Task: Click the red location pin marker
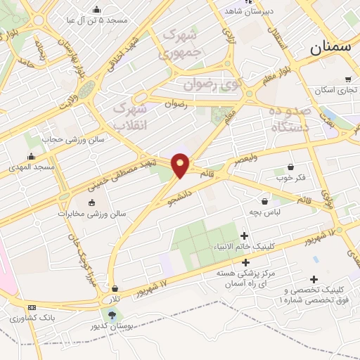[x=181, y=165]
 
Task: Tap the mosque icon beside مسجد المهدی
[x=31, y=157]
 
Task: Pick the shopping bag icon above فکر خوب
[x=290, y=167]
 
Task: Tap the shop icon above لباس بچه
[x=264, y=200]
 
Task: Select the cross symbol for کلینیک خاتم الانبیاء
[x=245, y=236]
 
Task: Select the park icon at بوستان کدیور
[x=112, y=314]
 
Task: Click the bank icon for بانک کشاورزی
[x=32, y=308]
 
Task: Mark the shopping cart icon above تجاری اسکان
[x=348, y=79]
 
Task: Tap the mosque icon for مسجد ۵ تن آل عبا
[x=96, y=9]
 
